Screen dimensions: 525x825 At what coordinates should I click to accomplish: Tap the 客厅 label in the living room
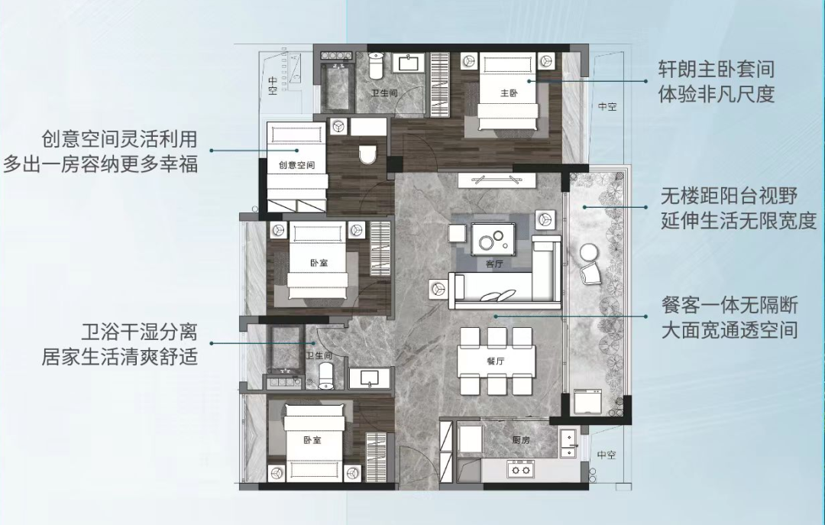tap(494, 264)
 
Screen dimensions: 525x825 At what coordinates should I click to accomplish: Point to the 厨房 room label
tap(521, 441)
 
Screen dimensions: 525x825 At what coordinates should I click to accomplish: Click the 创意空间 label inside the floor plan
tap(297, 165)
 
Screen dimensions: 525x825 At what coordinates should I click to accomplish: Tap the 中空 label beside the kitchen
tap(606, 455)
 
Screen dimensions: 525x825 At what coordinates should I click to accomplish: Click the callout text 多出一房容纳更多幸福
tap(100, 164)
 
